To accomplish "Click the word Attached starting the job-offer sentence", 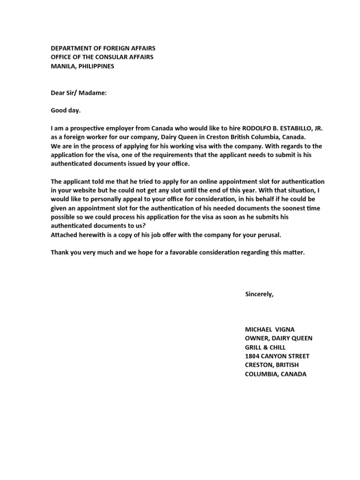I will [x=64, y=235].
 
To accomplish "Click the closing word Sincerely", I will [x=259, y=294].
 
